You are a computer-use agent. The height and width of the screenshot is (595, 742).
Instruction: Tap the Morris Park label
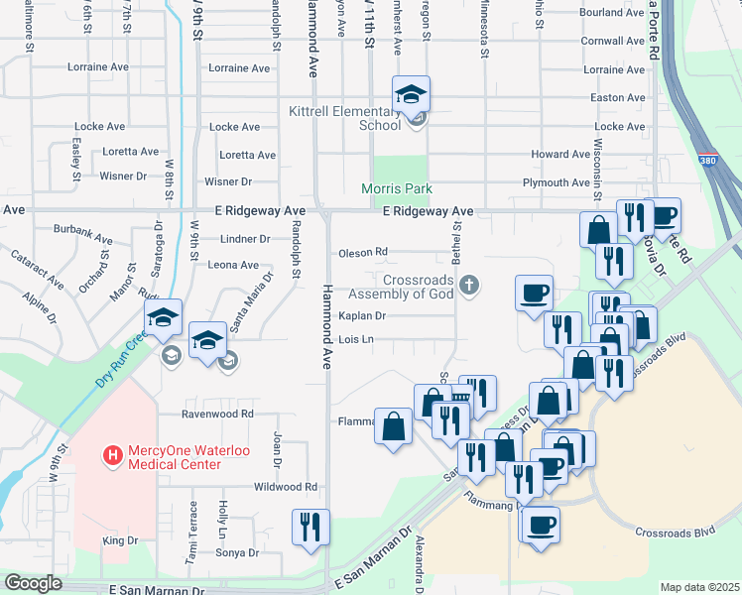397,188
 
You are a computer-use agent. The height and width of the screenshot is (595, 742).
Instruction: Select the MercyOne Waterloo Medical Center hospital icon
113,456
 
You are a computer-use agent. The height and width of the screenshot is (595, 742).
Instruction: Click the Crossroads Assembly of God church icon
470,287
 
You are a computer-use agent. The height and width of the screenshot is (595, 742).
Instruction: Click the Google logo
33,583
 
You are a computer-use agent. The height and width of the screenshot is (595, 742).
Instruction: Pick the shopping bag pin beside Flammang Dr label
394,426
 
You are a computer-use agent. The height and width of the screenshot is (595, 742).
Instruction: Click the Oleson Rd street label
363,253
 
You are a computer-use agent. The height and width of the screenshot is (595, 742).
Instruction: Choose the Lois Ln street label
356,339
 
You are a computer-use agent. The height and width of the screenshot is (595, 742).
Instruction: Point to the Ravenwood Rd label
217,414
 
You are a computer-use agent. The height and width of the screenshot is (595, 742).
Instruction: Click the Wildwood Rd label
286,487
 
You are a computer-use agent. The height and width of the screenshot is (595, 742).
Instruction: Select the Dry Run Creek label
124,358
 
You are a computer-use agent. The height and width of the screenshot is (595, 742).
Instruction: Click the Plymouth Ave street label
556,182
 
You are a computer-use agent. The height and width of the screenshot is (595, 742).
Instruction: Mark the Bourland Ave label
615,13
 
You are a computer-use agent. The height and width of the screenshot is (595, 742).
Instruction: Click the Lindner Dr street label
245,239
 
